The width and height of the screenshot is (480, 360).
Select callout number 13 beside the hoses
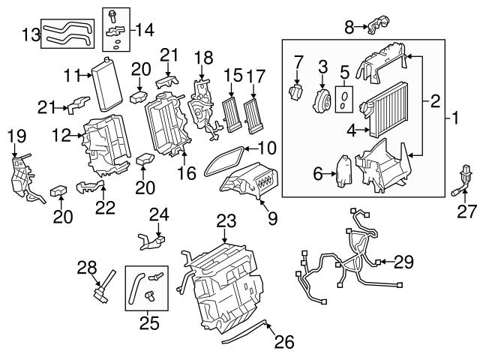pyautogui.click(x=29, y=34)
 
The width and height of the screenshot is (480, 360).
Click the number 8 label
pyautogui.click(x=348, y=28)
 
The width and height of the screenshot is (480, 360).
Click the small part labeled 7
pyautogui.click(x=295, y=92)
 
